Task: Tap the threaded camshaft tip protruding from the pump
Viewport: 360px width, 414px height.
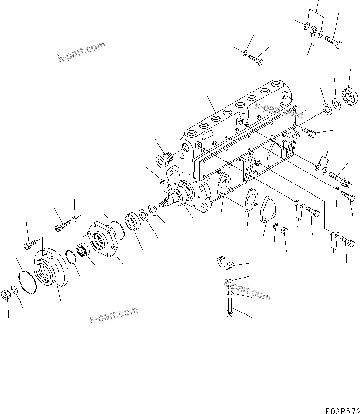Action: click(165, 202)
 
